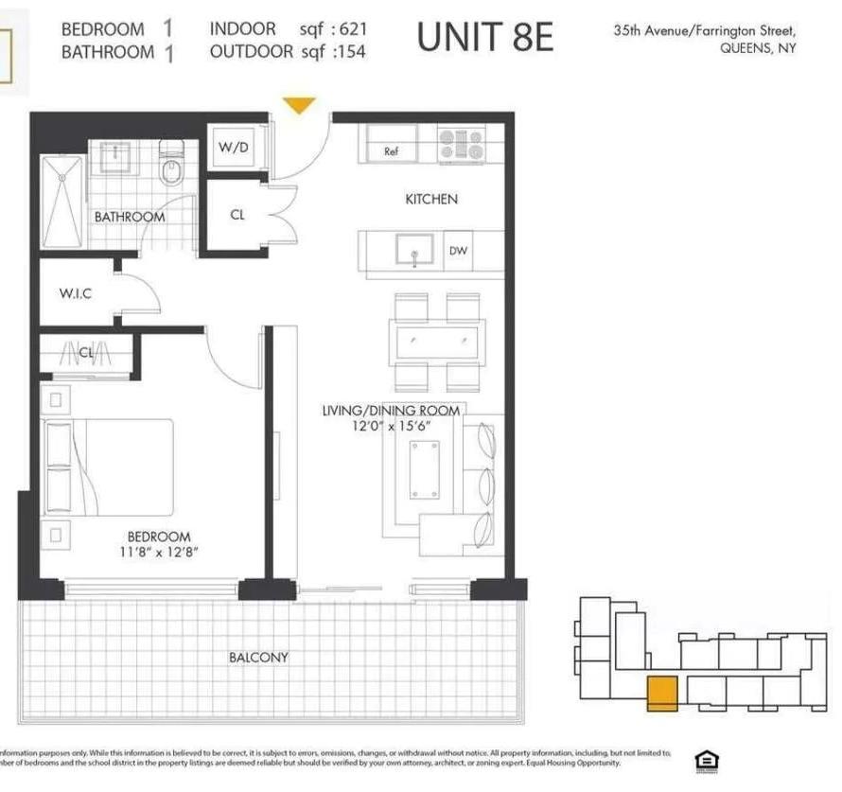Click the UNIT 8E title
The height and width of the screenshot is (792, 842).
pos(484,38)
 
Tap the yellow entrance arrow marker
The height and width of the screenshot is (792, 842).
pos(299,105)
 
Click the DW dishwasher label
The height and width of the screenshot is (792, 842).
pos(459,252)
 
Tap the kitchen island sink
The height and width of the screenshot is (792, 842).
pos(413,252)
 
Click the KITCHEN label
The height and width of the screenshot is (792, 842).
pos(431,199)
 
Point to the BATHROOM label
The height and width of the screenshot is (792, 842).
pos(129,217)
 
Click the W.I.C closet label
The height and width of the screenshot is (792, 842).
pos(74,293)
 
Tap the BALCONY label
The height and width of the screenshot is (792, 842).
pos(258,657)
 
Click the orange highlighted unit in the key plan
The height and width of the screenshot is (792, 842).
pos(661,694)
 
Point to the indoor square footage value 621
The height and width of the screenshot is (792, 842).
pos(348,29)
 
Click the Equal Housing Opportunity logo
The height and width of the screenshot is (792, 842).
pos(705,760)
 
